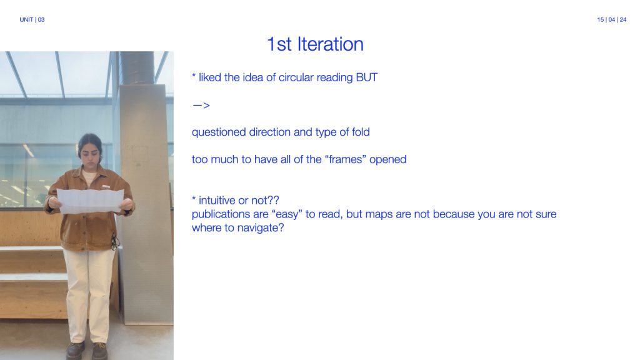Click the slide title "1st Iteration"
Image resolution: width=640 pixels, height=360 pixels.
coord(315,44)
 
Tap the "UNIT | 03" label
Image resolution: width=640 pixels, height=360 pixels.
coord(32,19)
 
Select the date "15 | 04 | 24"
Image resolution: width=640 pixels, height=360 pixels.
coord(611,19)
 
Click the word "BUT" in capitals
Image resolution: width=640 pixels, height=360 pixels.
coord(366,77)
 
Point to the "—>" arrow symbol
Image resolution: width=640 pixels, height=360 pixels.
coord(201,105)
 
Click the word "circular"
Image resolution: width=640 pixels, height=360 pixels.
coord(296,77)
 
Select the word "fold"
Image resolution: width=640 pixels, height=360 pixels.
coord(361,132)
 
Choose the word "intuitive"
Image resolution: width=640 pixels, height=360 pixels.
coord(217,201)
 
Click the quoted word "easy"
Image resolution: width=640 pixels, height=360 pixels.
coord(287,214)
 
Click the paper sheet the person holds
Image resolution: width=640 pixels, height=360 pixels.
coord(91,201)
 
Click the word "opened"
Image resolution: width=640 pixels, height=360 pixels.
coord(387,159)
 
